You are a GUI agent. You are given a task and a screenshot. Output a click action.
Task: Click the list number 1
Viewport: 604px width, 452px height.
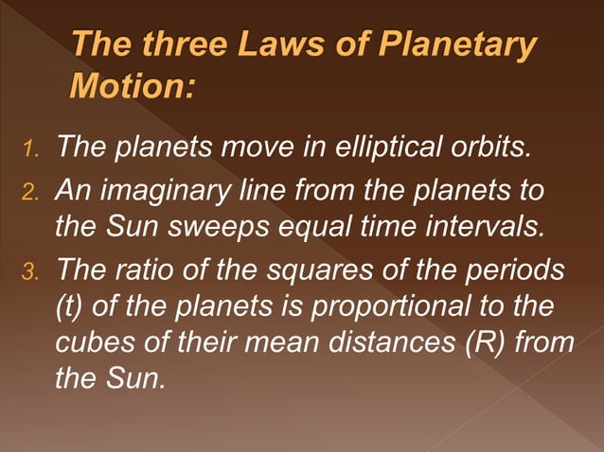click(31, 150)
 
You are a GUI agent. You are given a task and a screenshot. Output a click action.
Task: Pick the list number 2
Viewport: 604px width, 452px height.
click(31, 194)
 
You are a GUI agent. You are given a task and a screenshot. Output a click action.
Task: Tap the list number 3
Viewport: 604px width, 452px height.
click(31, 271)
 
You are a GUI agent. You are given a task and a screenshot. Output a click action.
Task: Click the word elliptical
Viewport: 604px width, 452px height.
click(365, 148)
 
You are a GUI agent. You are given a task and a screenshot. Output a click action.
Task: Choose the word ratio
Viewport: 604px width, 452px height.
click(152, 269)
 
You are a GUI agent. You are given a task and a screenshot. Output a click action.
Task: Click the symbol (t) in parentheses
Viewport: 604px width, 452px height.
click(72, 308)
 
